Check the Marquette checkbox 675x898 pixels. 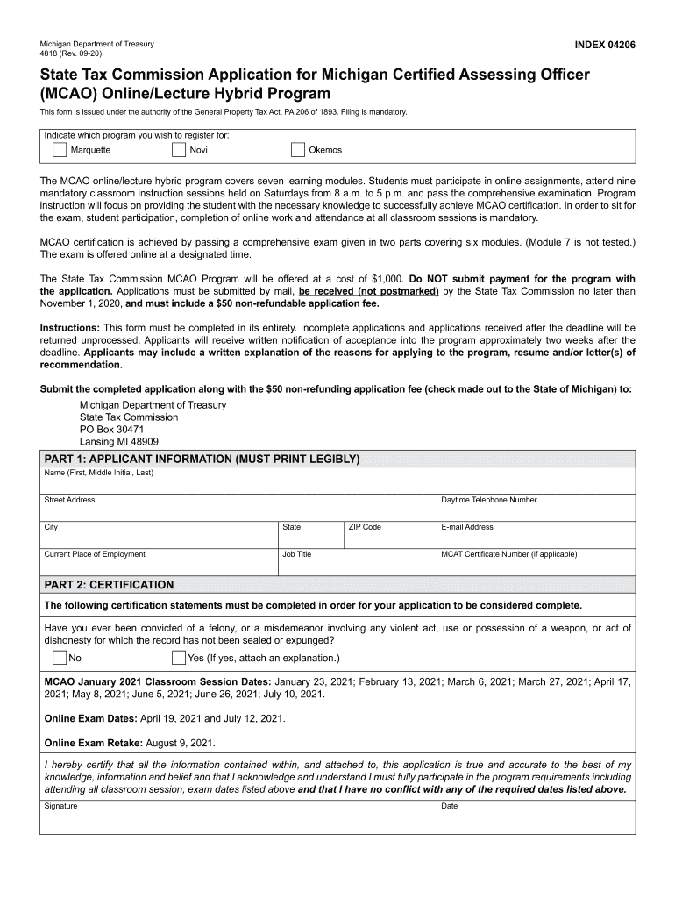[x=59, y=150]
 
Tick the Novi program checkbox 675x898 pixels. [x=178, y=150]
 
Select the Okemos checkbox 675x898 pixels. [x=298, y=150]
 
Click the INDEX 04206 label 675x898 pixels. [x=605, y=44]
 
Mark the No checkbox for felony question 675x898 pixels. [x=59, y=658]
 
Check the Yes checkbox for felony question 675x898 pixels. [x=179, y=658]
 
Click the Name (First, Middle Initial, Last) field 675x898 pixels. [x=337, y=484]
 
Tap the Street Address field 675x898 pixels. [x=238, y=510]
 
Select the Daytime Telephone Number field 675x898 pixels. [x=536, y=510]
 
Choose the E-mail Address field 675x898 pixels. [x=536, y=538]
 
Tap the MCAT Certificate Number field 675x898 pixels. [x=536, y=565]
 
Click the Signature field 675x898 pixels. [x=238, y=821]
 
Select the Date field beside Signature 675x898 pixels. [x=536, y=821]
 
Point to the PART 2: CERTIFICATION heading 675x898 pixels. [x=110, y=585]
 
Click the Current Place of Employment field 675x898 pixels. [x=158, y=565]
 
